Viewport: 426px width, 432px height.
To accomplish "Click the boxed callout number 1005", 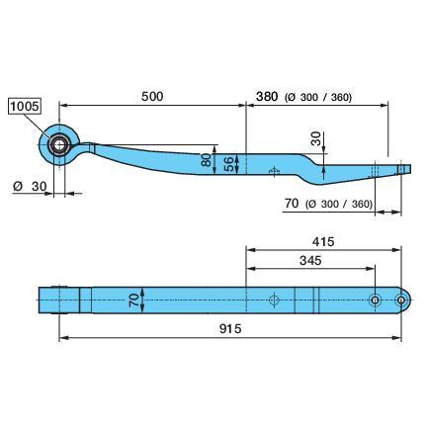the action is (x=25, y=106).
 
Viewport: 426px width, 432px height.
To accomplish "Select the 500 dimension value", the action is (x=152, y=96).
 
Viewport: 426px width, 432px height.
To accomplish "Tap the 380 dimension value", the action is (x=267, y=97).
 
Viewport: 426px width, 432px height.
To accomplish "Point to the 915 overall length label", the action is (x=230, y=328).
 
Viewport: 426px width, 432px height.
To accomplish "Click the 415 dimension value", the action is (x=323, y=242).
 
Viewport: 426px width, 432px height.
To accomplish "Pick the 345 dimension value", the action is (x=310, y=261).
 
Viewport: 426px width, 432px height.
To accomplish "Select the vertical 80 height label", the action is (x=207, y=160).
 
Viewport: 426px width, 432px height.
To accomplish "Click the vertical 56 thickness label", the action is (x=230, y=164).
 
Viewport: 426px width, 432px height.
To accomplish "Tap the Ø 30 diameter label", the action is (x=30, y=187).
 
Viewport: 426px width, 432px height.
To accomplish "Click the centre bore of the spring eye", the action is (x=59, y=145).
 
